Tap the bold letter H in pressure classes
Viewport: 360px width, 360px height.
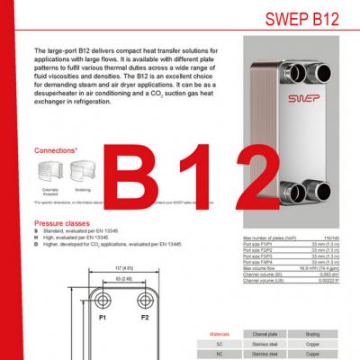pyautogui.click(x=36, y=236)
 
